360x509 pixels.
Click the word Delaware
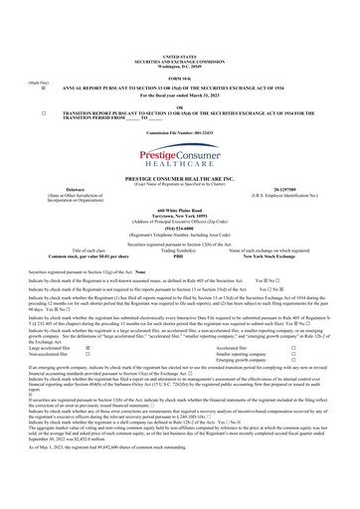[71, 188]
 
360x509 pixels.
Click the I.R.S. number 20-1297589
[288, 188]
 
